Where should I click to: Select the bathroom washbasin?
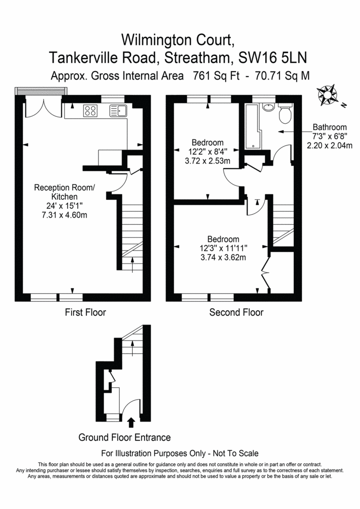point(269,107)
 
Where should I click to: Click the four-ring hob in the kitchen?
point(90,110)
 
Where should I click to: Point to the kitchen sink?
point(118,110)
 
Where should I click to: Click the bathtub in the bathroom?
point(252,127)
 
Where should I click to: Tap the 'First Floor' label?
point(86,312)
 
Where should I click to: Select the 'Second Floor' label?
point(236,312)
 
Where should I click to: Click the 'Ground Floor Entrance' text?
point(125,437)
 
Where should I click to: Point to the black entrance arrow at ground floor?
point(131,423)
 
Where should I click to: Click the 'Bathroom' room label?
point(330,127)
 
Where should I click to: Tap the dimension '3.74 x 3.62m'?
point(223,257)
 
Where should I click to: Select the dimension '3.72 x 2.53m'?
point(207,161)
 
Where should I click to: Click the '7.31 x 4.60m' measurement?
point(64,215)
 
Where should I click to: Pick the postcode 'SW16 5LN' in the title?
point(272,58)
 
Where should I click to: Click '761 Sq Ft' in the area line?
point(216,76)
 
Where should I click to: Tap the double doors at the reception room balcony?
point(43,107)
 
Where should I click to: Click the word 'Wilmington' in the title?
point(157,41)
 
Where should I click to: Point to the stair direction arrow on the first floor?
point(132,265)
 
